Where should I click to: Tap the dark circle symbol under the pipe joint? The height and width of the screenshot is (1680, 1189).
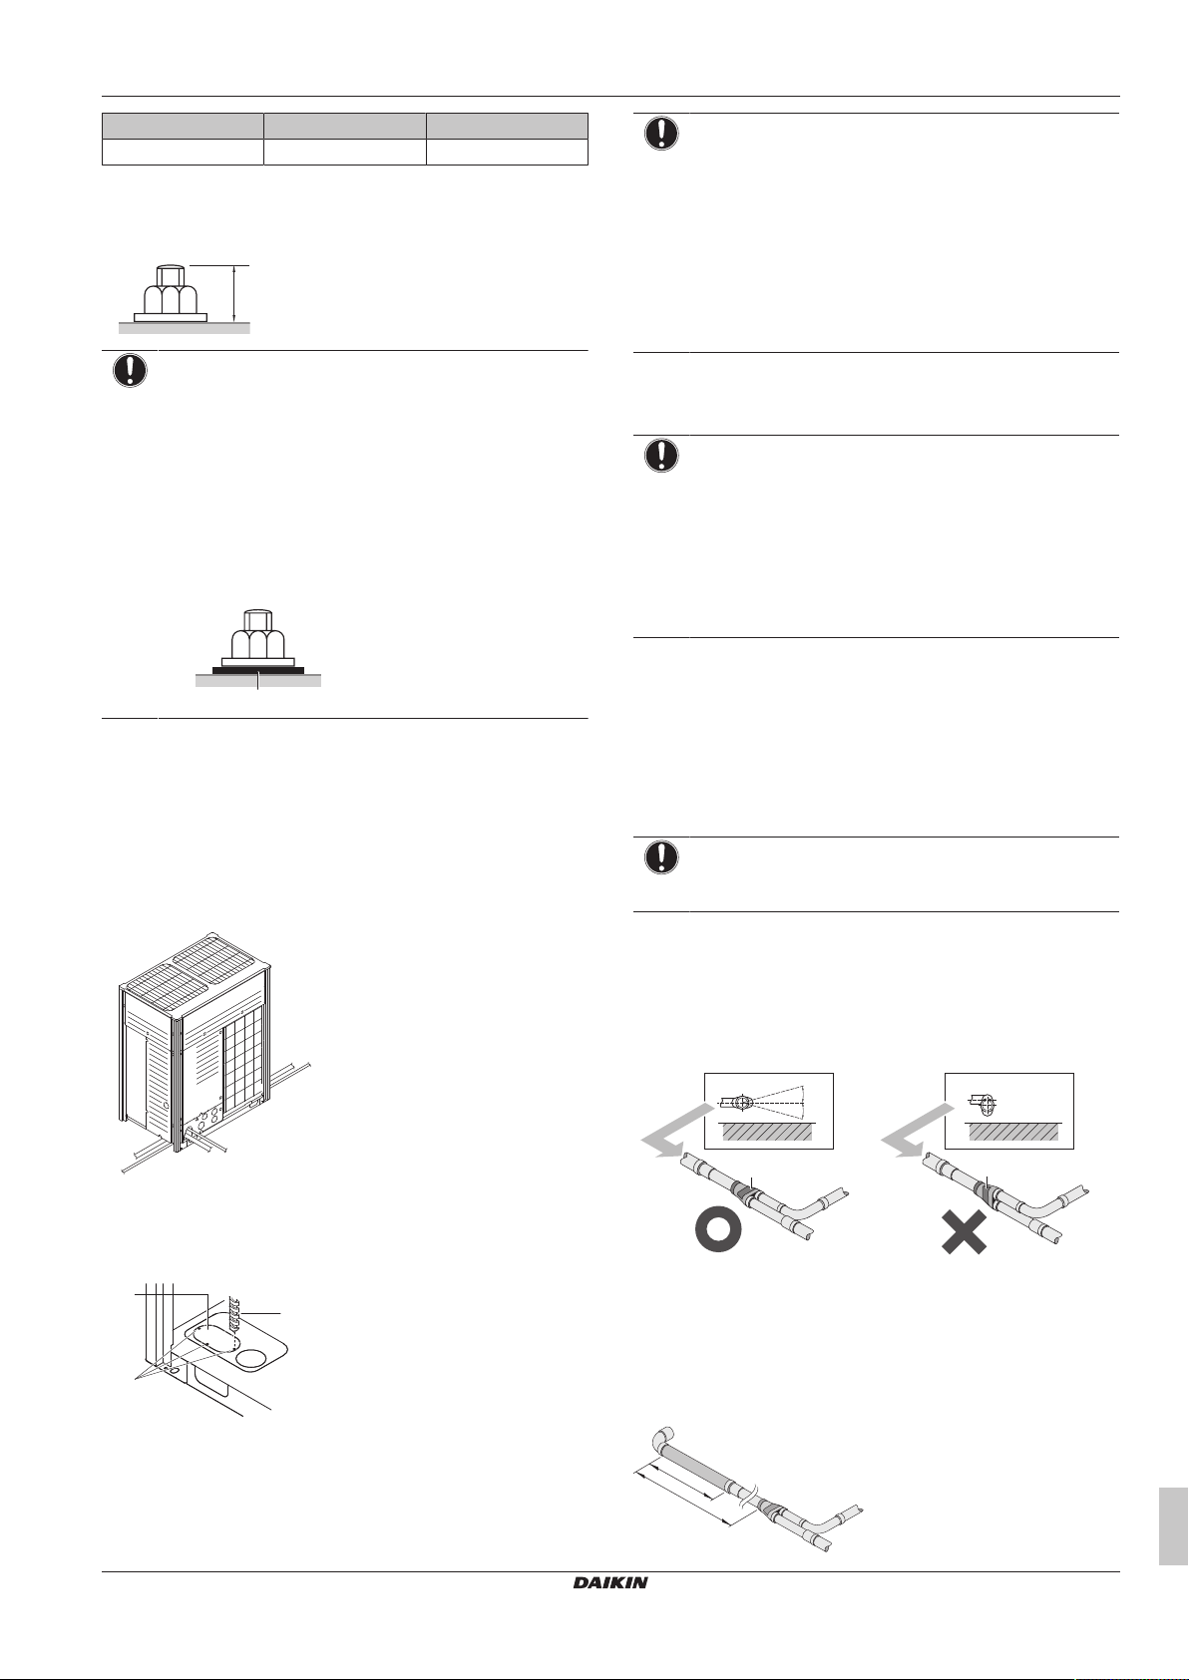coord(716,1232)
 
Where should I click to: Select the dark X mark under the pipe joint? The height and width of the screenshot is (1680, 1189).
coord(964,1232)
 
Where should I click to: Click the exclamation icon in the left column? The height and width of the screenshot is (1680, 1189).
coord(130,371)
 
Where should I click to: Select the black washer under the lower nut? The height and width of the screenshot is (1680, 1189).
coord(257,670)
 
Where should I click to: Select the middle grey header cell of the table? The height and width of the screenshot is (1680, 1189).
coord(344,126)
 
